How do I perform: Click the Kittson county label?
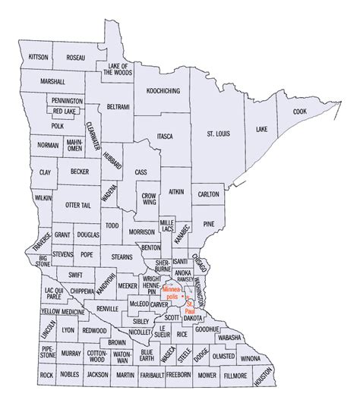click(38, 58)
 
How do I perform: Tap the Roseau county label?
click(75, 58)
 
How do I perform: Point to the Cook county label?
click(299, 112)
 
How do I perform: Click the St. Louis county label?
click(220, 134)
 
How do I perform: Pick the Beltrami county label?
click(118, 106)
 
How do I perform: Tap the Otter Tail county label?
click(77, 206)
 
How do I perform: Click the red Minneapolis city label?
click(170, 293)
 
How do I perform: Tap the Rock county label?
click(46, 375)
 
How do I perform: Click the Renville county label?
click(106, 308)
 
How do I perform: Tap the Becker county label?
click(79, 173)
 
